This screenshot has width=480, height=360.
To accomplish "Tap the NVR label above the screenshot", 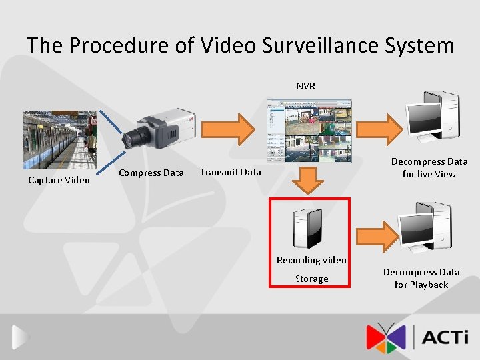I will click(x=306, y=86).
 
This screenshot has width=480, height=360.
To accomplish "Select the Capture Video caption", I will click(x=59, y=180).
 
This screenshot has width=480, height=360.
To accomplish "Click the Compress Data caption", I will click(x=151, y=173).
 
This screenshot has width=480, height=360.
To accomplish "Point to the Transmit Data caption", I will click(x=230, y=172).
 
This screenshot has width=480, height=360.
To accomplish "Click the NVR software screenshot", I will click(x=308, y=131).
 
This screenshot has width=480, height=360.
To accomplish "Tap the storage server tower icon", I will click(x=309, y=227).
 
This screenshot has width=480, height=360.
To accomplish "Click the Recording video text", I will click(x=311, y=260).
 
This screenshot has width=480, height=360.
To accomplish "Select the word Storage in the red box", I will click(x=311, y=279).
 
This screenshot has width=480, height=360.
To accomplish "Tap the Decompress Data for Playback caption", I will click(x=421, y=279).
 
